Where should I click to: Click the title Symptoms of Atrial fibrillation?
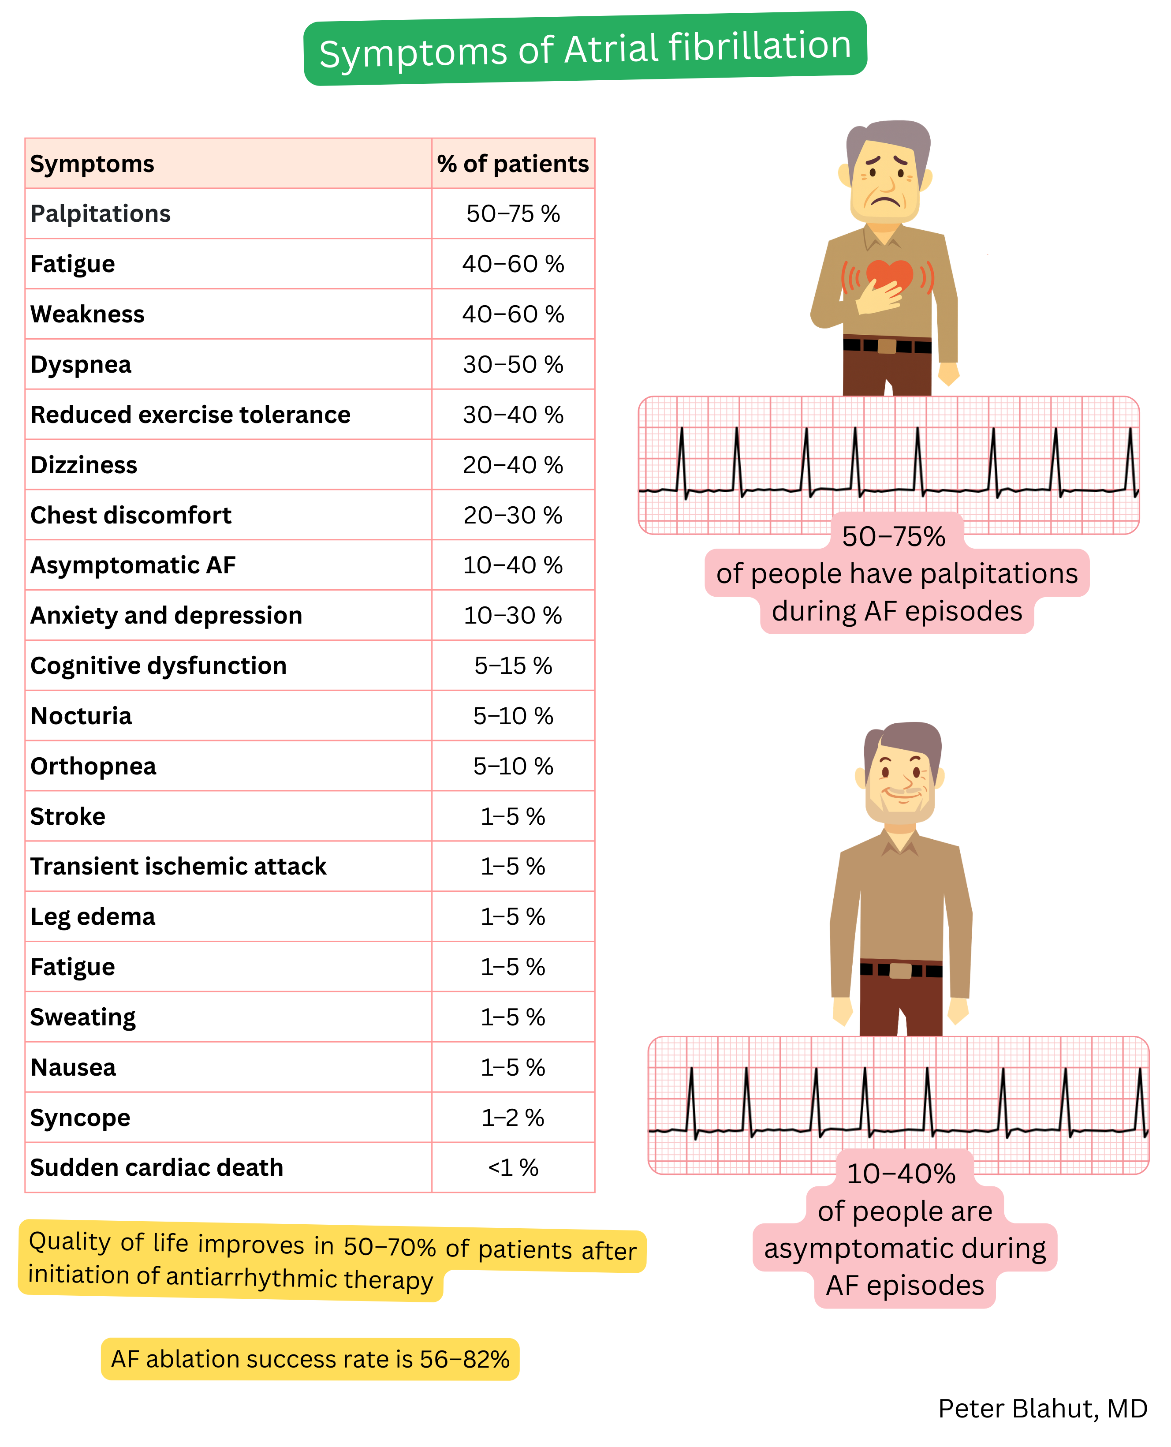click(585, 49)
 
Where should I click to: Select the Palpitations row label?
click(101, 214)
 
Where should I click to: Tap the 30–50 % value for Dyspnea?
click(513, 364)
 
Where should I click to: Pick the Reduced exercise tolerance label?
click(190, 415)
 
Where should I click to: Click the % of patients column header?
click(513, 164)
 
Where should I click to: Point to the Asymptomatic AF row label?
click(133, 565)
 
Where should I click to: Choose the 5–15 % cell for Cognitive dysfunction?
click(513, 666)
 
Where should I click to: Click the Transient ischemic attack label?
click(178, 866)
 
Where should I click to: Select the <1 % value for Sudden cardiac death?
click(513, 1168)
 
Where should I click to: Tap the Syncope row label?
click(80, 1118)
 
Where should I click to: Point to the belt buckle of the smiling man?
click(900, 971)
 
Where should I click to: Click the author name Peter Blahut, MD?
click(1042, 1409)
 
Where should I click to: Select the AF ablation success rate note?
click(310, 1359)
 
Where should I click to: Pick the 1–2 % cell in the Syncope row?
click(513, 1118)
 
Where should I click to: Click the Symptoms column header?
click(93, 164)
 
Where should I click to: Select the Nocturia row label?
click(81, 716)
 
